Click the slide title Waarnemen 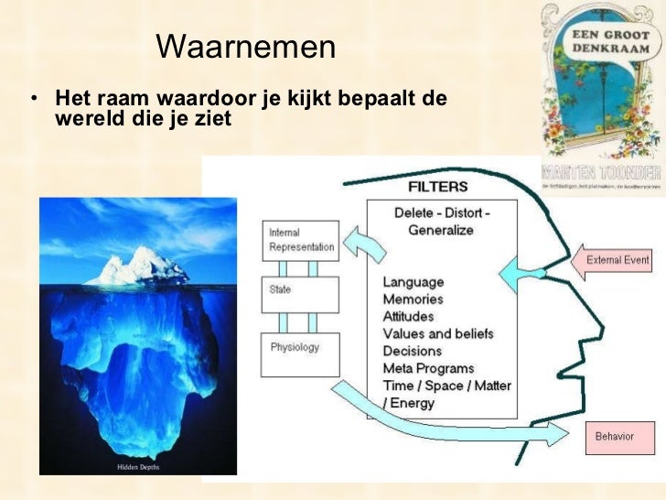[245, 48]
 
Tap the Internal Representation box [298, 239]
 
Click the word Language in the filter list [413, 282]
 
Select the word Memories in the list [413, 299]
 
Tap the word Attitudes [409, 317]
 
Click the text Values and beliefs [437, 334]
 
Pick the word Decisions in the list [413, 351]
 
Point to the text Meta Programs [428, 368]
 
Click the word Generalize [441, 230]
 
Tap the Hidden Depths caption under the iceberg [138, 467]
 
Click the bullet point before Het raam [33, 98]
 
